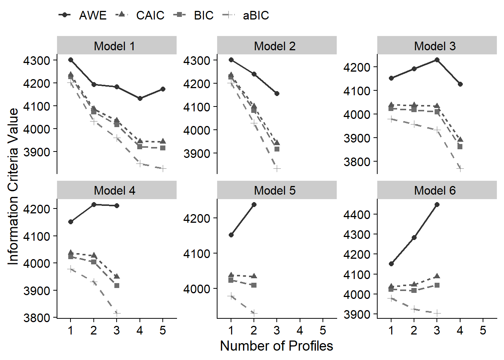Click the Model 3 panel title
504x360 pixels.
[435, 46]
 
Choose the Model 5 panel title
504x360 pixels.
[274, 190]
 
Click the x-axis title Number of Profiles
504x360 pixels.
[276, 346]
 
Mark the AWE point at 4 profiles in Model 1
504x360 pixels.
[140, 98]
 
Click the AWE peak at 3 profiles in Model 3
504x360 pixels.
[437, 60]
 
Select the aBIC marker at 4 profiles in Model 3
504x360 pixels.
[460, 169]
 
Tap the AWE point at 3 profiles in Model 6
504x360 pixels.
[437, 204]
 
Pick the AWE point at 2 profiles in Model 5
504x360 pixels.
[254, 204]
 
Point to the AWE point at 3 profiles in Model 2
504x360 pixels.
[277, 93]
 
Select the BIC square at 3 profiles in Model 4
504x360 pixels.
[117, 285]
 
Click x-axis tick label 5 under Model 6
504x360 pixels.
[483, 330]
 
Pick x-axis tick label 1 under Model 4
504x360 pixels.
[70, 330]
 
